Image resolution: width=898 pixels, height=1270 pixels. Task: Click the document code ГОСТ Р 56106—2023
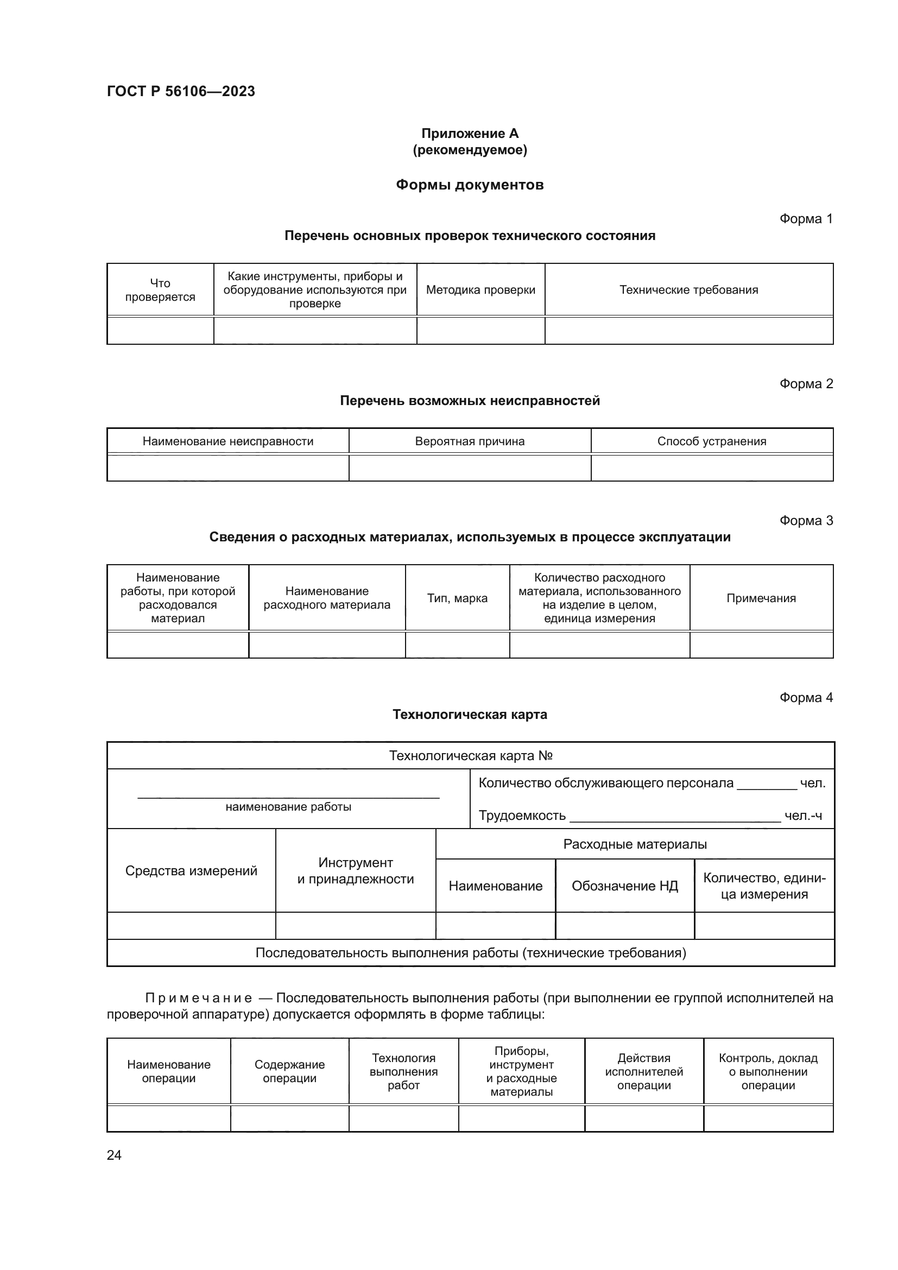coord(181,91)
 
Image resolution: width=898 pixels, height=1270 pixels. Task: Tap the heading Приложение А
coord(470,134)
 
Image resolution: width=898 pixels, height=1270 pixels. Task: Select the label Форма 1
coord(806,219)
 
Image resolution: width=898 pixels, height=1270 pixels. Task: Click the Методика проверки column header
coord(480,290)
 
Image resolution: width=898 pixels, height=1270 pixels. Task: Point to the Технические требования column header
coord(688,290)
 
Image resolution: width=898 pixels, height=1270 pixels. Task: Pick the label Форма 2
coord(806,384)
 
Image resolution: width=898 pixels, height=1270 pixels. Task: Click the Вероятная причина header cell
coord(470,441)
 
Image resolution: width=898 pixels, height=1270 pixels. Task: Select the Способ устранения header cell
coord(712,441)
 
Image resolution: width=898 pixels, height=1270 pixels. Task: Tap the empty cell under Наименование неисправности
coord(228,469)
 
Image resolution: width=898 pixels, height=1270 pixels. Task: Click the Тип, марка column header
coord(457,598)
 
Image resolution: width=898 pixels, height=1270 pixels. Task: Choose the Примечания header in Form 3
coord(761,598)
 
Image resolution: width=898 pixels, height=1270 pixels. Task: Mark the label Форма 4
coord(806,698)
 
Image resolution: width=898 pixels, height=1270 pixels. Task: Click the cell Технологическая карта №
coord(471,756)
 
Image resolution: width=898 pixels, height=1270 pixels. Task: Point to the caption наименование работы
coord(288,807)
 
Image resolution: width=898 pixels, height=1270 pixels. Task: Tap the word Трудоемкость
coord(522,816)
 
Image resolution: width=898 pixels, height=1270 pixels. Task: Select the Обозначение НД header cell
coord(624,886)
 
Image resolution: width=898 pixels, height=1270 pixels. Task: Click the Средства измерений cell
coord(191,870)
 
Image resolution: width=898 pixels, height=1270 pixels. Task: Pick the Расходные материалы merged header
coord(635,844)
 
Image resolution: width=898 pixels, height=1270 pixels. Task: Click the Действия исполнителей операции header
coord(644,1071)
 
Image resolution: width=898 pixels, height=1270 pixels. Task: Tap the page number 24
coord(114,1155)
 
